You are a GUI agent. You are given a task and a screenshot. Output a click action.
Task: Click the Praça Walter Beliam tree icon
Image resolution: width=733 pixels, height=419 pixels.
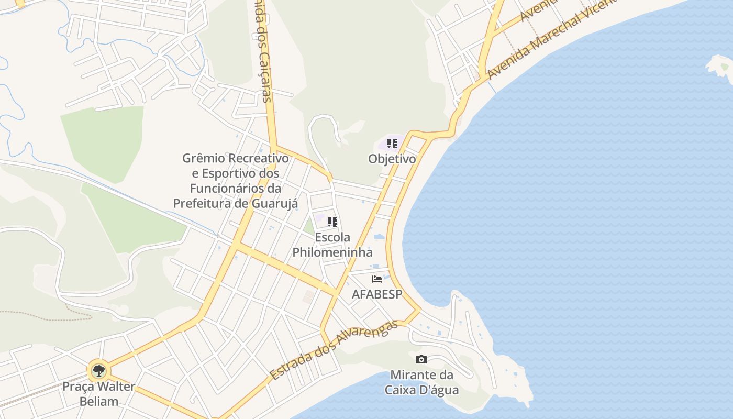[98, 371]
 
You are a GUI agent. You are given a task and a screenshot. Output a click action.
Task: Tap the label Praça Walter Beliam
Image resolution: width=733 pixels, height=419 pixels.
[98, 394]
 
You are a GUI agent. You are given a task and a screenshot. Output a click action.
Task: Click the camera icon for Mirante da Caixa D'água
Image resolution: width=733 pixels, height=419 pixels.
[421, 360]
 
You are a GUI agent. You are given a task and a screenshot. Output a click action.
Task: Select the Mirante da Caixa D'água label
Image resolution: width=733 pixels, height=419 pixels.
[421, 382]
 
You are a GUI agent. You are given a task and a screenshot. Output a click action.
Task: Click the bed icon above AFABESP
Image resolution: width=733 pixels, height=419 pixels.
[377, 279]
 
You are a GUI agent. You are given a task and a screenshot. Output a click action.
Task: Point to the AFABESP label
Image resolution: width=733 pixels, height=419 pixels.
[377, 294]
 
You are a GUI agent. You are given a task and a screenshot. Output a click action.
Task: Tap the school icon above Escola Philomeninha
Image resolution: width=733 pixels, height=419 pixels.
[332, 222]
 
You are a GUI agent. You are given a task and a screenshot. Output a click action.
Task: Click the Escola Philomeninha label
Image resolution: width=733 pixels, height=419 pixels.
[332, 245]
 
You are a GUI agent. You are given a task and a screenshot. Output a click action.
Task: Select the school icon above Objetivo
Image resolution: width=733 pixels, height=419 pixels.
[392, 144]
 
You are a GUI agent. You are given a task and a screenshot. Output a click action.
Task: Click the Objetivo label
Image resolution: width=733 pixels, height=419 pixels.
[392, 159]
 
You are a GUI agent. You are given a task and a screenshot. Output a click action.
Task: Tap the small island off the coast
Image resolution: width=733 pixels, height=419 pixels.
[720, 68]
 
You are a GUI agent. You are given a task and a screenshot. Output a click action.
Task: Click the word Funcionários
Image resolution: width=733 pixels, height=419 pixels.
[228, 188]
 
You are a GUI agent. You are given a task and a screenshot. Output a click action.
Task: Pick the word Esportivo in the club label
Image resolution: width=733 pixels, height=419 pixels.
[226, 173]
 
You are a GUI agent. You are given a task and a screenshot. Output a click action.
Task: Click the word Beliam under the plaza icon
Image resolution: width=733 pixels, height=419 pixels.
[98, 402]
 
